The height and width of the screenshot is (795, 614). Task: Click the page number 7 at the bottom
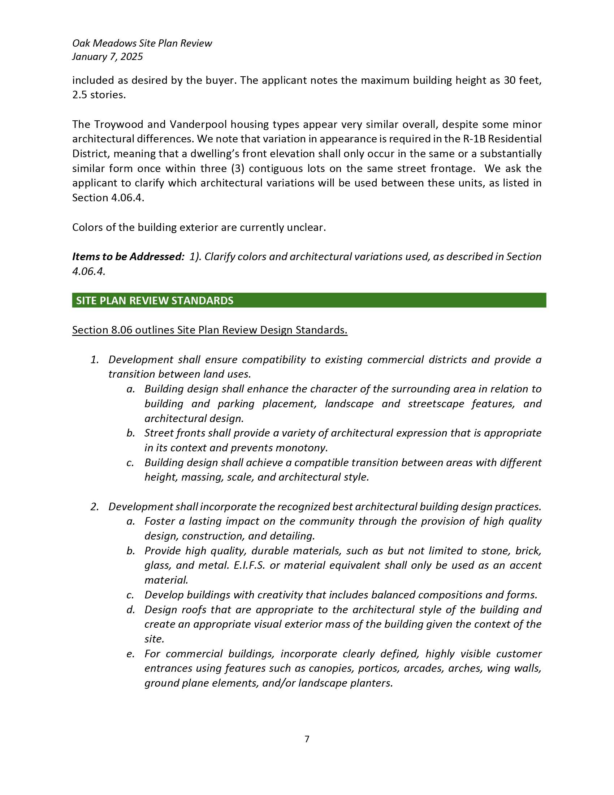(307, 739)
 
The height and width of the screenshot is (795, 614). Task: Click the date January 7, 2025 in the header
(107, 57)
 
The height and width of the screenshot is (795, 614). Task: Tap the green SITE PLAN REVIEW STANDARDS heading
(155, 300)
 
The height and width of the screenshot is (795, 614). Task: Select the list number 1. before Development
(95, 360)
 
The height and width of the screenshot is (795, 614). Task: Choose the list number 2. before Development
(95, 507)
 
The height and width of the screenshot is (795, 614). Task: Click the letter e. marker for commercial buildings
(130, 654)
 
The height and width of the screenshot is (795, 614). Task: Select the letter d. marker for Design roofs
(130, 610)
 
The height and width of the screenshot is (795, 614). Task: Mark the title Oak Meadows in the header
(104, 43)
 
